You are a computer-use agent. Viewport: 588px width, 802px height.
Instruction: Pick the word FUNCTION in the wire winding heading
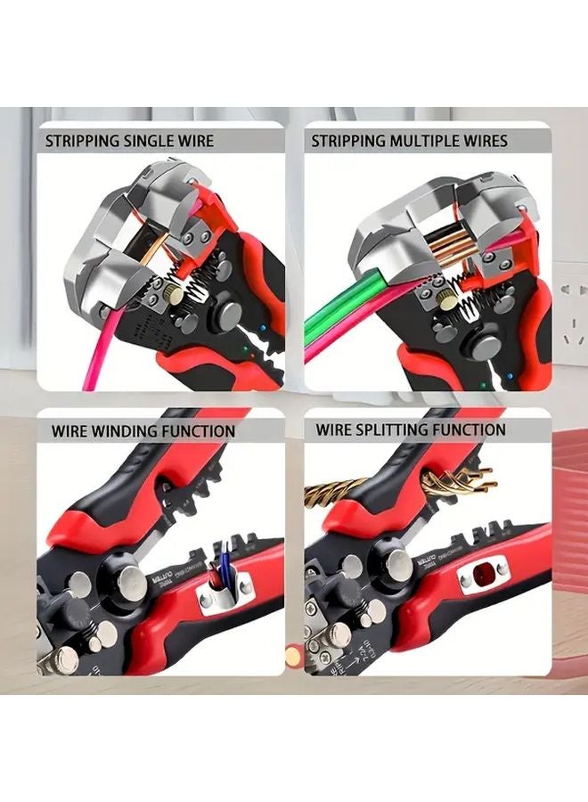(199, 431)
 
